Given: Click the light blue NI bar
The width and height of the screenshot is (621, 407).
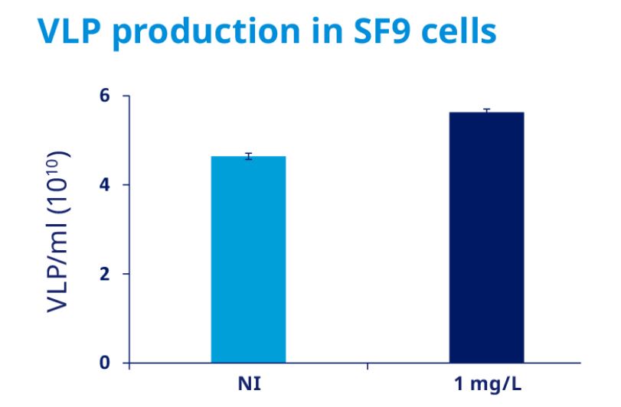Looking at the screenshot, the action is click(x=248, y=259).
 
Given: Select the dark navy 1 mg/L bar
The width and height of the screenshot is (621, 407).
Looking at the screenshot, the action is click(x=487, y=237).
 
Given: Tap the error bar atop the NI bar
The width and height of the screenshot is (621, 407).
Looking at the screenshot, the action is click(x=248, y=156).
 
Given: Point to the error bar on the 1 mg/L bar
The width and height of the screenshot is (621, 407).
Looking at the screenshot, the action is click(x=487, y=111).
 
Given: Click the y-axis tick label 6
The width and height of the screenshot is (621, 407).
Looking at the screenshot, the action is click(x=104, y=96).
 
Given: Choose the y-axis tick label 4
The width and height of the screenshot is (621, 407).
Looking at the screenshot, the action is click(x=104, y=184).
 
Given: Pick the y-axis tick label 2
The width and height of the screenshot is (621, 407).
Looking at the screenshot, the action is click(x=104, y=274).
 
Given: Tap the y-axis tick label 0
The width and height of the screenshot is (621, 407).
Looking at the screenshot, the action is click(x=104, y=363).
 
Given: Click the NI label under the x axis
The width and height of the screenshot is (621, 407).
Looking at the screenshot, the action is click(x=250, y=384).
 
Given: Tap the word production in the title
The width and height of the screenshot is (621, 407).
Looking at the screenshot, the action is click(x=206, y=32).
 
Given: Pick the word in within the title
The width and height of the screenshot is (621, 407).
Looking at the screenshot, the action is click(x=327, y=30).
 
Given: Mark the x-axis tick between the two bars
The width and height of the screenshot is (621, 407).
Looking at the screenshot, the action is click(x=368, y=366).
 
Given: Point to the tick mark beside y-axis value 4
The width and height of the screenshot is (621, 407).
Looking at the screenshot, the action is click(x=126, y=184).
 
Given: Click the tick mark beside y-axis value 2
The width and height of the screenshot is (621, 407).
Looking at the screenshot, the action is click(x=126, y=274).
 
